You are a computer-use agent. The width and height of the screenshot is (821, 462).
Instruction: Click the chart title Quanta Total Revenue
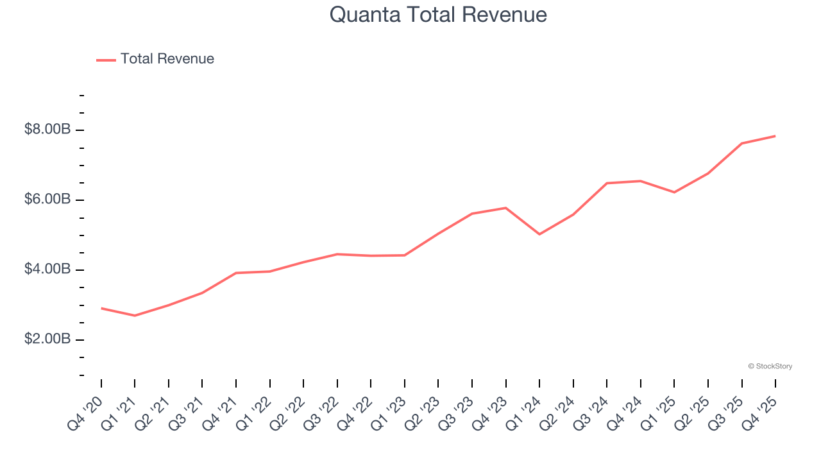(438, 14)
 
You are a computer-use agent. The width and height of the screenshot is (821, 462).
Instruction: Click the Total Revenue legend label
(167, 59)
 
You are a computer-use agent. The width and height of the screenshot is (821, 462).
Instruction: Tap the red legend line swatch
(106, 60)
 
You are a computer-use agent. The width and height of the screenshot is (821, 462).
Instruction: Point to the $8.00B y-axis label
(47, 130)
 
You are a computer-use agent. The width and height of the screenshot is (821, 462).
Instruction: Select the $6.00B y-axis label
(47, 200)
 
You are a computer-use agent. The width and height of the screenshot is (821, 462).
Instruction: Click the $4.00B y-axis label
(47, 269)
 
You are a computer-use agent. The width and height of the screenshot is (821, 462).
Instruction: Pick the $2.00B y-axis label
(47, 339)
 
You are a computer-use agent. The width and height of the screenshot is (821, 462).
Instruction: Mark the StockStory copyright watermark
(770, 366)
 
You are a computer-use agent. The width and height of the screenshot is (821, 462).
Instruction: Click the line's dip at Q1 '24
(539, 234)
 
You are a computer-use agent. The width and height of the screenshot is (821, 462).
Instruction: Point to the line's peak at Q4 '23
(505, 208)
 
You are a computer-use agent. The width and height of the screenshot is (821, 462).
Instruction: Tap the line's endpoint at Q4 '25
(775, 136)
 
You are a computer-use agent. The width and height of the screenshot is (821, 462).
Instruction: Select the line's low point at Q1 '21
(135, 316)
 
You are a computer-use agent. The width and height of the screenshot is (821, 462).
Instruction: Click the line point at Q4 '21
(236, 273)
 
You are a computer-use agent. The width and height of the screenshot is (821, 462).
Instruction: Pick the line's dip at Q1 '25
(674, 193)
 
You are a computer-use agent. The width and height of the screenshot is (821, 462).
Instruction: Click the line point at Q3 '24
(607, 183)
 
